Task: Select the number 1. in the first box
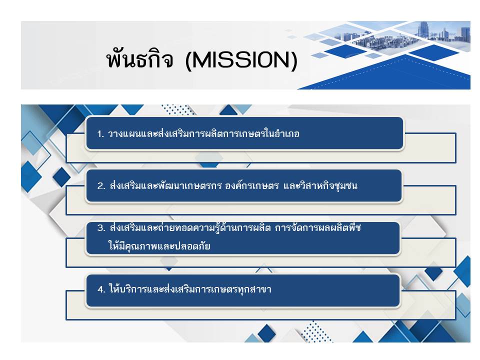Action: point(100,134)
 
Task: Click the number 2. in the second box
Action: point(101,186)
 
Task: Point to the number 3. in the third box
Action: point(101,228)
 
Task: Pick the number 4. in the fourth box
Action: point(101,289)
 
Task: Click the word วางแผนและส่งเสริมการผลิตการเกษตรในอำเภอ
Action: point(203,134)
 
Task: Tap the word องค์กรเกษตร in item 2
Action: point(252,185)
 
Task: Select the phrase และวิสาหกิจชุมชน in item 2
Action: point(320,185)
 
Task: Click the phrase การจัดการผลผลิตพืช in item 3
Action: point(318,228)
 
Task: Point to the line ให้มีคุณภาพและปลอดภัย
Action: point(159,245)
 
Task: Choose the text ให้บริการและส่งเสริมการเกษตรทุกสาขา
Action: point(190,289)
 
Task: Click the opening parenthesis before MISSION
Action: point(188,60)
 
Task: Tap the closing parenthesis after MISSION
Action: point(294,60)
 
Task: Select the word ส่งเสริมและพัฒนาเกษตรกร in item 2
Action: point(165,185)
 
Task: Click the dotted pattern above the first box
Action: point(177,109)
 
